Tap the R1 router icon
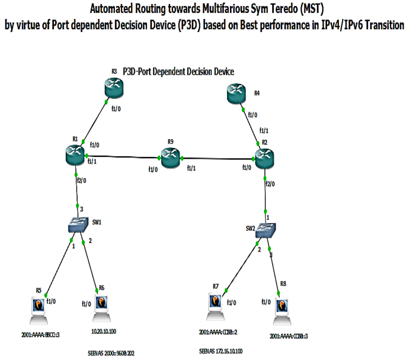click(x=75, y=155)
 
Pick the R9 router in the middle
click(x=170, y=157)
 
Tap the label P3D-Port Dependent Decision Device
click(x=178, y=71)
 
